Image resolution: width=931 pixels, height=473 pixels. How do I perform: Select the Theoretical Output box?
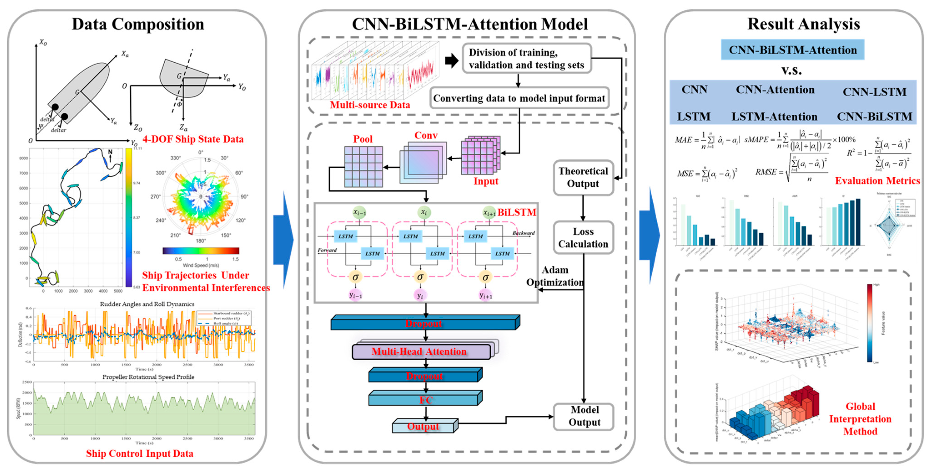click(583, 177)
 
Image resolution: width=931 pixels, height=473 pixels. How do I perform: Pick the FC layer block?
click(425, 399)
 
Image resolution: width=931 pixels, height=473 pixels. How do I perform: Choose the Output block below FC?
click(423, 426)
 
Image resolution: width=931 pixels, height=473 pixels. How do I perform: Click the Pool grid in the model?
click(363, 166)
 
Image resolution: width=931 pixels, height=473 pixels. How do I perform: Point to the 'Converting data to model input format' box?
click(519, 98)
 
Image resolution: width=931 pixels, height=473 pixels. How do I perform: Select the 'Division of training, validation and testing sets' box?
click(526, 59)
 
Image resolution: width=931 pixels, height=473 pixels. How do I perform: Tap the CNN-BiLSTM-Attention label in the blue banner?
click(793, 50)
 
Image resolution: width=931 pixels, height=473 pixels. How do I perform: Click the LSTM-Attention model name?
click(774, 117)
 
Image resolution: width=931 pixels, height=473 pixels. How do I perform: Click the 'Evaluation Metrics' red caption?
click(877, 181)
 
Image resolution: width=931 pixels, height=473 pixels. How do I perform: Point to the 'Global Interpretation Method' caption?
click(860, 419)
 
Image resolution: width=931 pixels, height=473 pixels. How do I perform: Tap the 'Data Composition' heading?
click(138, 24)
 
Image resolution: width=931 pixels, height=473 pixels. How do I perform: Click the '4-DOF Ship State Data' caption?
click(193, 139)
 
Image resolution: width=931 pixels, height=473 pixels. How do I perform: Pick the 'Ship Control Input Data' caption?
click(140, 453)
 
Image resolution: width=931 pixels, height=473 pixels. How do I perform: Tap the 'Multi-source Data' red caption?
click(370, 105)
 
